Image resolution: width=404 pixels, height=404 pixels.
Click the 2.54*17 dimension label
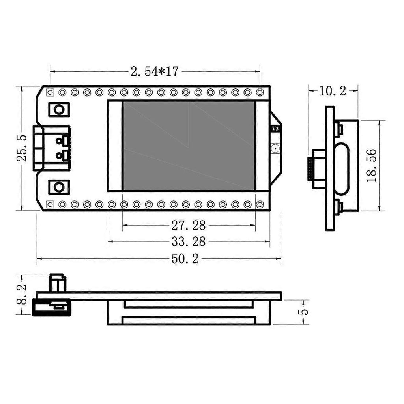pos(155,71)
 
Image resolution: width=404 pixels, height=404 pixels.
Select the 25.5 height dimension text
pos(22,148)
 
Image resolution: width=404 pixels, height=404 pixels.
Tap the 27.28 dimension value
pos(188,225)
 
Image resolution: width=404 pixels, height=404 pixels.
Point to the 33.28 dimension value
pos(188,241)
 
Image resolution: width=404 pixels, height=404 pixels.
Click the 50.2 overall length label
pos(185,259)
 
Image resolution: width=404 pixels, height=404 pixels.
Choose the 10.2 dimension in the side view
pos(332,91)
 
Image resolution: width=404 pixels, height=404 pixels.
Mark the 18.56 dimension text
pos(371,165)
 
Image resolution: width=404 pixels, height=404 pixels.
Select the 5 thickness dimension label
pos(304,312)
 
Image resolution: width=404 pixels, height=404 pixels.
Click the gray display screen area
pos(189,146)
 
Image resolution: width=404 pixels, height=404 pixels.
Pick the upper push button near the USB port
pos(59,109)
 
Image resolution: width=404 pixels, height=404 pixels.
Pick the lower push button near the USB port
pos(59,187)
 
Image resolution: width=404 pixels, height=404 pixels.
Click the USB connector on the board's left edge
pos(51,148)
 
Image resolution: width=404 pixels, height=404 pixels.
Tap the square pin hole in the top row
pos(50,92)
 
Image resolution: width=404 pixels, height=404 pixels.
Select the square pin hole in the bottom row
pos(50,204)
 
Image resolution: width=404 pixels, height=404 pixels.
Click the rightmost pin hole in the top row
pos(260,92)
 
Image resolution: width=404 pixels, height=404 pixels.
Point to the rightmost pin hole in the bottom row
pos(260,204)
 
